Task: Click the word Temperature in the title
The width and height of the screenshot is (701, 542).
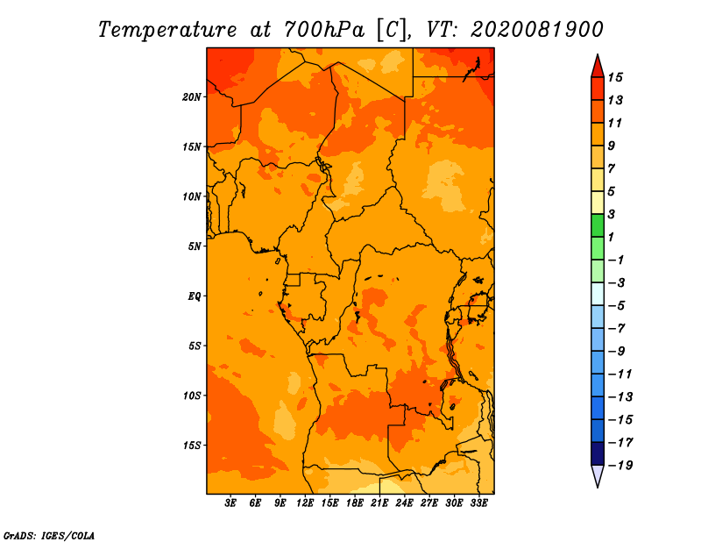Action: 167,30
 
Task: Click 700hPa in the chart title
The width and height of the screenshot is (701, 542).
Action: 323,30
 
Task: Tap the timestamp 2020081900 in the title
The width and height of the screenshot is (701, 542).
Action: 536,30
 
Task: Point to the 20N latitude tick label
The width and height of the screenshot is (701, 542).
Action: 192,97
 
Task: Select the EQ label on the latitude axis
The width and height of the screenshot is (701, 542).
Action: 194,296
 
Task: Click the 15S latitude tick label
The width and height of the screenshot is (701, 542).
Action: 192,446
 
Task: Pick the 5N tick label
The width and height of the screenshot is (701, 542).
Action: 195,246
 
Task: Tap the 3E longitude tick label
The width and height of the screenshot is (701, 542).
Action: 230,503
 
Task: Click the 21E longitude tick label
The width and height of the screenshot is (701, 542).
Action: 379,503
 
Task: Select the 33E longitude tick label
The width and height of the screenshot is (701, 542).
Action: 478,503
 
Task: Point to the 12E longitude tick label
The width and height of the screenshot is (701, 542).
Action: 305,503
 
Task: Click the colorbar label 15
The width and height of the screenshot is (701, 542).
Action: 615,77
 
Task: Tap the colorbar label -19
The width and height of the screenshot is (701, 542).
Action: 620,466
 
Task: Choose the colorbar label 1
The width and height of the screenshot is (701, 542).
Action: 611,237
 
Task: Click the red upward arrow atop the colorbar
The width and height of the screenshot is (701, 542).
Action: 598,67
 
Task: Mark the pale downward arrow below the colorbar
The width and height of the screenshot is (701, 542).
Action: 598,475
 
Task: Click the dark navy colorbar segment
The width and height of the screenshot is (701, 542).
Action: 598,453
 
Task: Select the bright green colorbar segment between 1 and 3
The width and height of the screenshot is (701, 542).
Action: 598,225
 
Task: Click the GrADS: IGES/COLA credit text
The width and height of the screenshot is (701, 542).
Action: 49,536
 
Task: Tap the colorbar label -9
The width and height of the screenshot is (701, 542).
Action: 617,352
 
